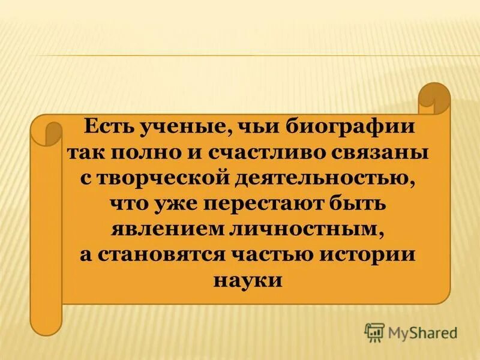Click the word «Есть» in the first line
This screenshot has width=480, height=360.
(x=107, y=128)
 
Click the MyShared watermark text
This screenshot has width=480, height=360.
(x=422, y=332)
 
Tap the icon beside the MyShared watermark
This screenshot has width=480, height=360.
(x=374, y=332)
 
